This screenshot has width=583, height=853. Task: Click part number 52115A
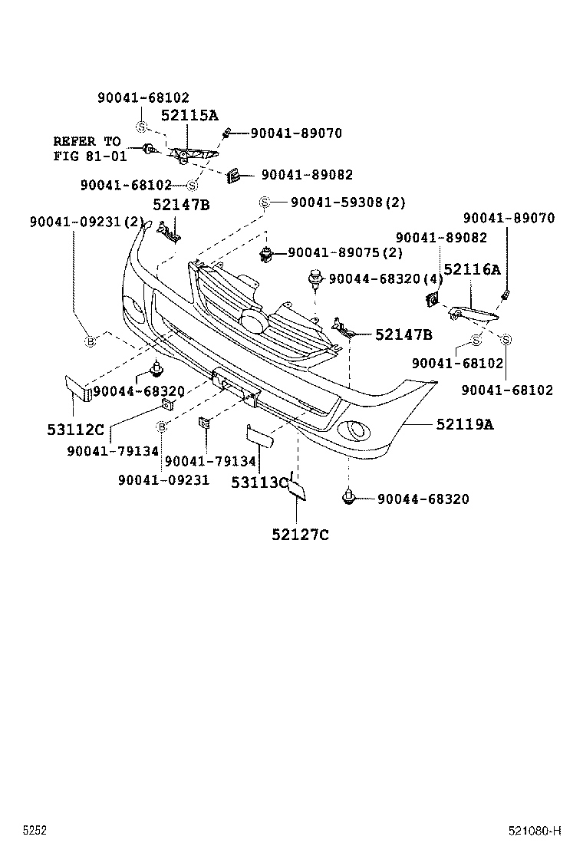point(189,116)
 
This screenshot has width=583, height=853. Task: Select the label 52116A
point(472,269)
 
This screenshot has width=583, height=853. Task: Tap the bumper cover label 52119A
point(465,423)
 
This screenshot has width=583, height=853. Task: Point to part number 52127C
point(299,535)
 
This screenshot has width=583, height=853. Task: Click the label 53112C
point(75,430)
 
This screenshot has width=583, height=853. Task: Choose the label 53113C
point(259,482)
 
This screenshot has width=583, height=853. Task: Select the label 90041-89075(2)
point(346,252)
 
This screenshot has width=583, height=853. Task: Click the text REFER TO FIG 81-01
point(87,148)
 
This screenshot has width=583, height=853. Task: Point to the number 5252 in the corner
point(35,831)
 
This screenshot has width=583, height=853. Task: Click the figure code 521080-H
point(535,831)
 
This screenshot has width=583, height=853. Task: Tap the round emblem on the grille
point(254,323)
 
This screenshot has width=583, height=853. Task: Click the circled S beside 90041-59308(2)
point(263,203)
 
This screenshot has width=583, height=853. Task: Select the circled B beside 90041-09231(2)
point(90,341)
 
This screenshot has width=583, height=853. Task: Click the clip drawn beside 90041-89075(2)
point(266,253)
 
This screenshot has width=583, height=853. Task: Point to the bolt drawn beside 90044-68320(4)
point(315,278)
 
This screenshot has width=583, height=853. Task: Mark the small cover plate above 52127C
point(297,489)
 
